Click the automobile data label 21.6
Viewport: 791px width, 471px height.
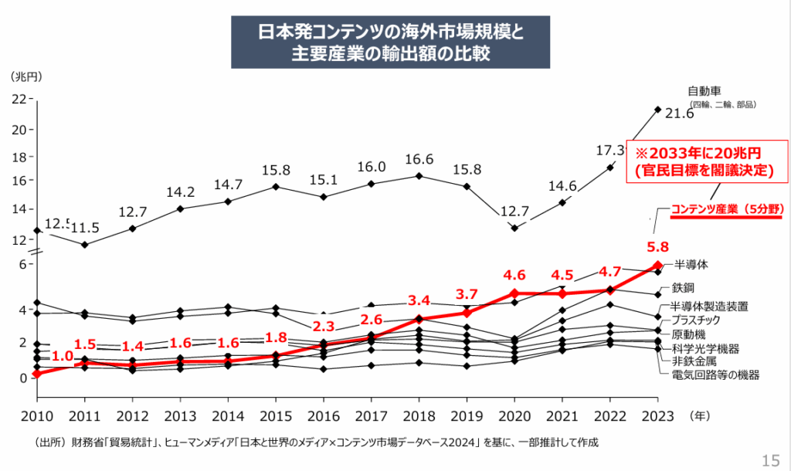point(680,114)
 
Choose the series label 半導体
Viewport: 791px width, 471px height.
point(691,264)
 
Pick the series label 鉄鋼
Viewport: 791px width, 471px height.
point(684,287)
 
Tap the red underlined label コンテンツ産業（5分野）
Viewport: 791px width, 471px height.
point(727,209)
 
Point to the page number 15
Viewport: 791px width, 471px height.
point(770,461)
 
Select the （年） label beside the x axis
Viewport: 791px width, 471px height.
point(698,415)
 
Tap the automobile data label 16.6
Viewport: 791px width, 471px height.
point(419,160)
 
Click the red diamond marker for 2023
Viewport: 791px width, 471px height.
point(657,266)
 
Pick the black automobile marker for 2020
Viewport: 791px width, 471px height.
point(514,228)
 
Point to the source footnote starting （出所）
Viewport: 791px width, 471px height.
point(317,442)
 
